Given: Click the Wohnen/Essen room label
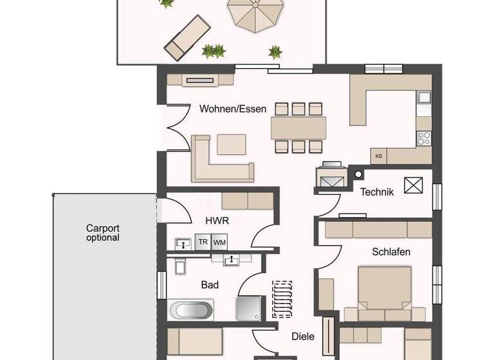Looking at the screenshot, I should pyautogui.click(x=232, y=109).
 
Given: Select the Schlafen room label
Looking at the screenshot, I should pyautogui.click(x=390, y=252).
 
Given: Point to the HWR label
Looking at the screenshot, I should pyautogui.click(x=213, y=221).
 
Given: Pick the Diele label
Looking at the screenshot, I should pyautogui.click(x=302, y=336).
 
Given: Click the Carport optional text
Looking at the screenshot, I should pyautogui.click(x=103, y=233).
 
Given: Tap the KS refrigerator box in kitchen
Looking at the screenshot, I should pyautogui.click(x=379, y=156).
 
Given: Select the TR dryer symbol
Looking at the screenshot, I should pyautogui.click(x=203, y=242).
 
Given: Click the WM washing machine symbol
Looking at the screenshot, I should pyautogui.click(x=220, y=242).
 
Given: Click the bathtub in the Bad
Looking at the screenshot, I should pyautogui.click(x=191, y=310).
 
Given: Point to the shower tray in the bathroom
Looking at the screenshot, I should pyautogui.click(x=248, y=309).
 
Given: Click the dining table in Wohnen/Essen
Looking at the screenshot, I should pyautogui.click(x=298, y=127).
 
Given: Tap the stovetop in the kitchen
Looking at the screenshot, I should pyautogui.click(x=424, y=138).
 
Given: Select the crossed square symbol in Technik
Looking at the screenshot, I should pyautogui.click(x=411, y=185).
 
